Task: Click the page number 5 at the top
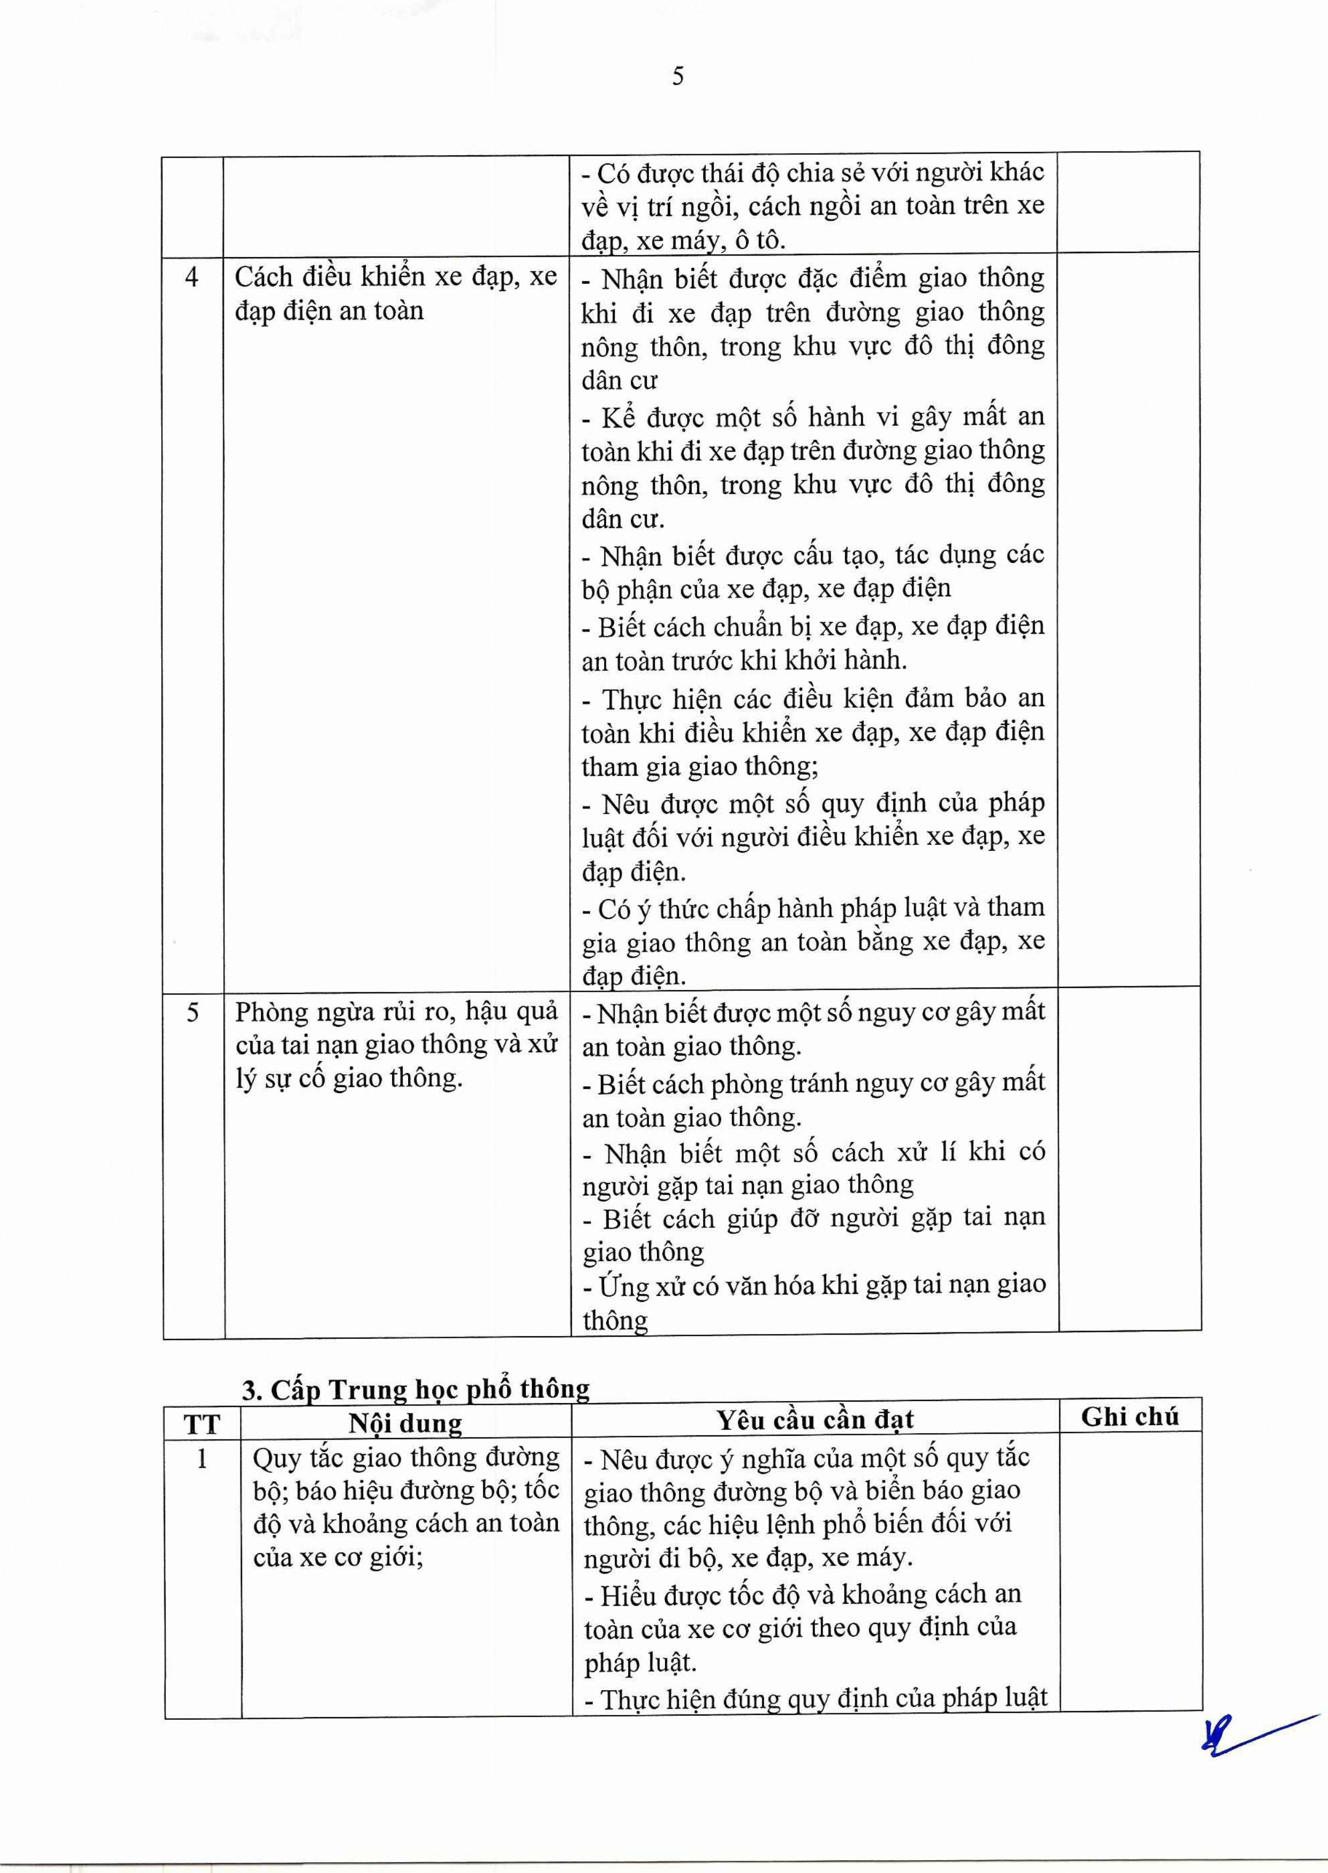click(678, 77)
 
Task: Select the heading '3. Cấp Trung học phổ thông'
click(416, 1389)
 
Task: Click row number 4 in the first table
click(192, 278)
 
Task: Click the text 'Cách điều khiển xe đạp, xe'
click(396, 278)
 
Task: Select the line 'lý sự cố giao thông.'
click(349, 1079)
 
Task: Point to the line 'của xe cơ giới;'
click(338, 1558)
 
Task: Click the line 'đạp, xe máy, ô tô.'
click(683, 241)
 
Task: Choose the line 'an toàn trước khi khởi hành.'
click(744, 660)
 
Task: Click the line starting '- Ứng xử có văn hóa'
click(813, 1286)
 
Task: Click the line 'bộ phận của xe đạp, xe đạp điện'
click(766, 589)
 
